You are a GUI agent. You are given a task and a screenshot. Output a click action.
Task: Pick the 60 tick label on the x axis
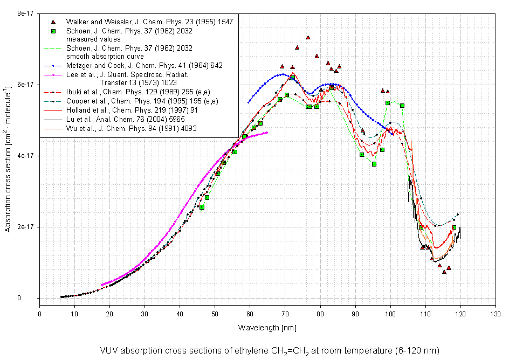coord(250,313)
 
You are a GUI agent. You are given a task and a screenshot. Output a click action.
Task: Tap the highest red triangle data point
coord(308,38)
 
